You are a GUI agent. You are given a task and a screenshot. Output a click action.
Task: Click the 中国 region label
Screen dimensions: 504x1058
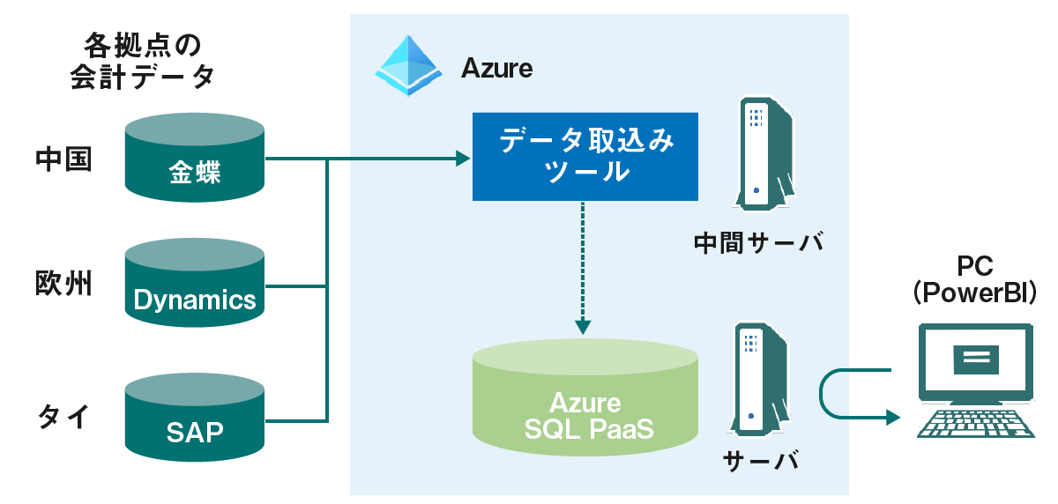[63, 159]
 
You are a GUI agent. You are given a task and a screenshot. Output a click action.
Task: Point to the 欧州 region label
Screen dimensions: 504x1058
[63, 284]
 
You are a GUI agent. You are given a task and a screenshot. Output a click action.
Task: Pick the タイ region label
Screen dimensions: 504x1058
[63, 415]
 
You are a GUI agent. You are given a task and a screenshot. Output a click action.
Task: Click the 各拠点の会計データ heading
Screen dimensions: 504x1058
[142, 60]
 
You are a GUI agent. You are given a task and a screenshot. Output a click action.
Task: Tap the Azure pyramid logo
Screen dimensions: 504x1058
[408, 65]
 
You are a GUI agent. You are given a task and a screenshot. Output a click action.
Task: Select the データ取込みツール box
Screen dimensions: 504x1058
[585, 156]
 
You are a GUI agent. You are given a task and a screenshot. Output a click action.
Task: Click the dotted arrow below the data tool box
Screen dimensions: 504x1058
[584, 264]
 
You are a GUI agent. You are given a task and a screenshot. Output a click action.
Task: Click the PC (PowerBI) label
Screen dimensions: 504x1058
[975, 278]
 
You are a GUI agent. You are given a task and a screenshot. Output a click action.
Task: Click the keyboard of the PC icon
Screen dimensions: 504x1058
[976, 423]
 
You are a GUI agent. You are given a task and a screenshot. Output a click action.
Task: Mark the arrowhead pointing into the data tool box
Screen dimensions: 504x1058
[463, 159]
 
